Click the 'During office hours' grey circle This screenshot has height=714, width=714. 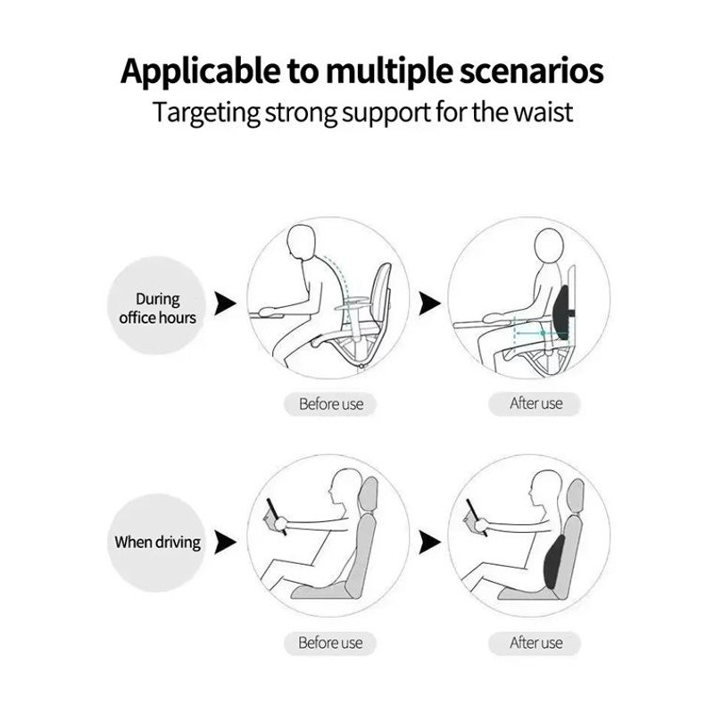pyautogui.click(x=157, y=308)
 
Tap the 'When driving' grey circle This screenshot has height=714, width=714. pyautogui.click(x=157, y=542)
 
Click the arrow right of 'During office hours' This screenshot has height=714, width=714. pyautogui.click(x=226, y=305)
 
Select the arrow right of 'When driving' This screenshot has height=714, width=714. pyautogui.click(x=226, y=542)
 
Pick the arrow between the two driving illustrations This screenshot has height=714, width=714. pyautogui.click(x=429, y=542)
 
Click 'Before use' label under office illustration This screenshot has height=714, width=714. pyautogui.click(x=331, y=404)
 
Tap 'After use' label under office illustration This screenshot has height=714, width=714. pyautogui.click(x=536, y=403)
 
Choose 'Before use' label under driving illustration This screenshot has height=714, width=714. pyautogui.click(x=331, y=643)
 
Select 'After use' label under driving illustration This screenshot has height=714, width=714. pyautogui.click(x=536, y=643)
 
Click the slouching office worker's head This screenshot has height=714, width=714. pyautogui.click(x=304, y=243)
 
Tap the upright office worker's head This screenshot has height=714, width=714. pyautogui.click(x=549, y=247)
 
